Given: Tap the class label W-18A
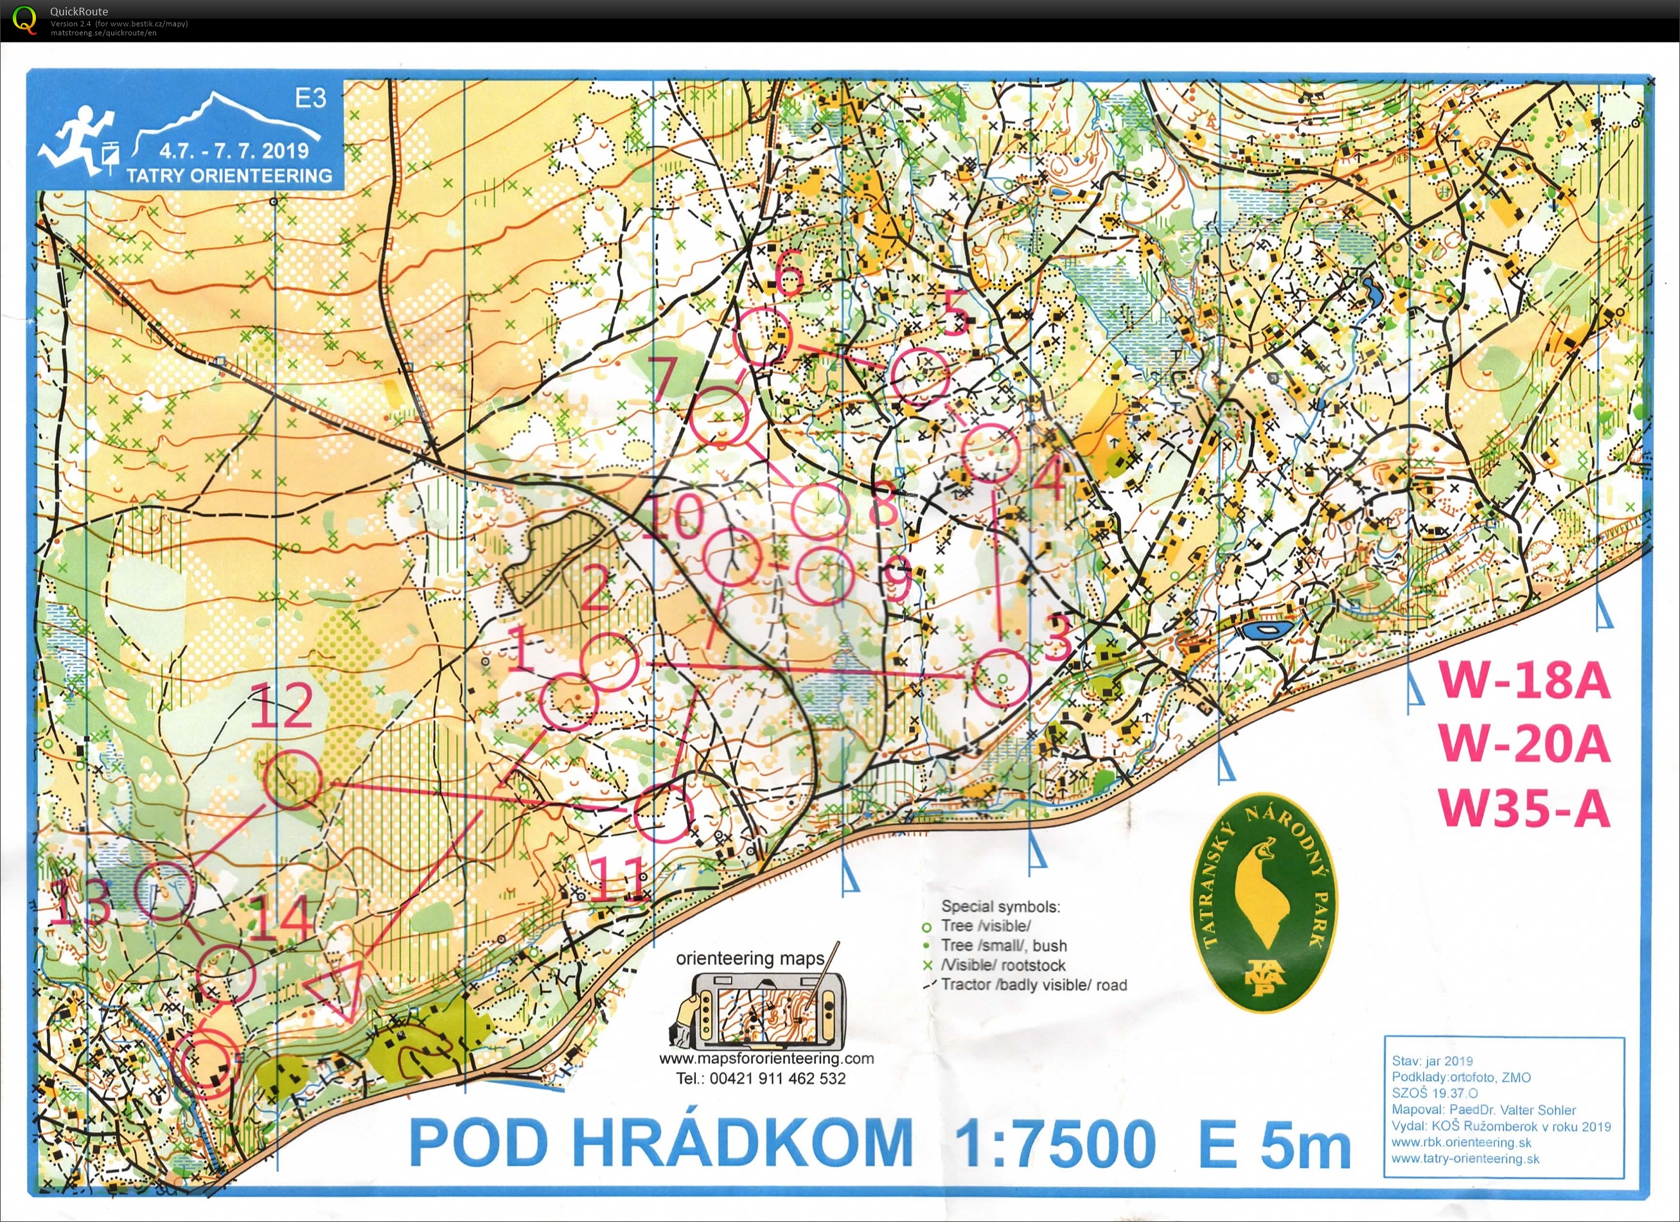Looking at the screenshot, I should pyautogui.click(x=1525, y=680).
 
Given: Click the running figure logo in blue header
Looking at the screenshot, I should pyautogui.click(x=74, y=139).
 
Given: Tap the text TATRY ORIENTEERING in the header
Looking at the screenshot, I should pyautogui.click(x=229, y=175).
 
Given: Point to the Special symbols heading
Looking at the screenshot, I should pyautogui.click(x=1000, y=907).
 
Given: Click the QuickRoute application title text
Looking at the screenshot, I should pyautogui.click(x=78, y=11).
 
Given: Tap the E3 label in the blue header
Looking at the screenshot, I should pyautogui.click(x=310, y=98).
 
